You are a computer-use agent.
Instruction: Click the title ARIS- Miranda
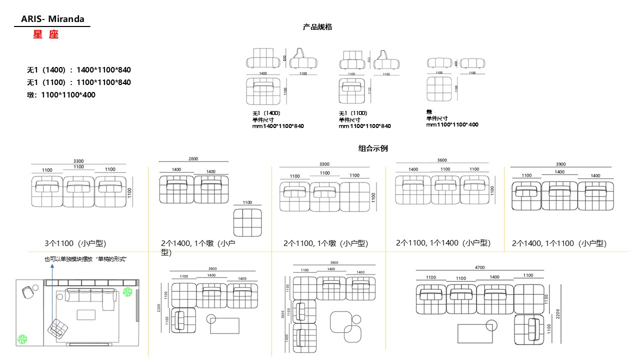(x=52, y=19)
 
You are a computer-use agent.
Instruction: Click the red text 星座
(x=46, y=35)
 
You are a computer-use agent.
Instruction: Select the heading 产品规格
(x=317, y=27)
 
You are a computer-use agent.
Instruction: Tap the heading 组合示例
(x=373, y=148)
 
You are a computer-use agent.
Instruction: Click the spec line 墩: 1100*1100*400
(x=61, y=94)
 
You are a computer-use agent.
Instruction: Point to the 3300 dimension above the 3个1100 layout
(x=78, y=161)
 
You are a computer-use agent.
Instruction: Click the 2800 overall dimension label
(x=193, y=159)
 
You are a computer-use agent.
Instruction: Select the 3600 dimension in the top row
(x=442, y=160)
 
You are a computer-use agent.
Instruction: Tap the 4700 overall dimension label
(x=479, y=267)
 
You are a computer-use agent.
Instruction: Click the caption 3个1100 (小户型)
(x=75, y=243)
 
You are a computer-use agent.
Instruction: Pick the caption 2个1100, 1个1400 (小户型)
(x=443, y=243)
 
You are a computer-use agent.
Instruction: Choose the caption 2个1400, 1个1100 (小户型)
(x=559, y=243)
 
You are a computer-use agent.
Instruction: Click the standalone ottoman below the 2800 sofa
(x=247, y=223)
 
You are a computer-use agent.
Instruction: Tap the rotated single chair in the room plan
(x=58, y=328)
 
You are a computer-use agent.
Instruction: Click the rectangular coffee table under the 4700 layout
(x=475, y=333)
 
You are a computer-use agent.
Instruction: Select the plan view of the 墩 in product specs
(x=439, y=88)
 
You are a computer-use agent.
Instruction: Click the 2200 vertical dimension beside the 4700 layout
(x=558, y=314)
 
